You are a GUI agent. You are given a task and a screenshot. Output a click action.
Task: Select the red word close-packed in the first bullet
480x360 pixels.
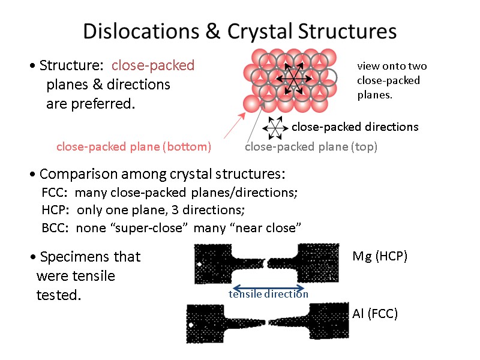[x=153, y=65]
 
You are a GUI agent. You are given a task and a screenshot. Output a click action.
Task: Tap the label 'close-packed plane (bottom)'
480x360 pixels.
[x=133, y=146]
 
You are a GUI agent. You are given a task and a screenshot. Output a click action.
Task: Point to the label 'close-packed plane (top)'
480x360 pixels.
[x=311, y=146]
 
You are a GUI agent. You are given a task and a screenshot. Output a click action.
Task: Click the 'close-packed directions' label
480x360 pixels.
[x=355, y=127]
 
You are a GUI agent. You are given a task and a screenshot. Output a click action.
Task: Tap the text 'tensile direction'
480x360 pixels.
[x=268, y=294]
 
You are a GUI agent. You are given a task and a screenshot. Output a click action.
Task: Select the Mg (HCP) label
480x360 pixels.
[x=380, y=256]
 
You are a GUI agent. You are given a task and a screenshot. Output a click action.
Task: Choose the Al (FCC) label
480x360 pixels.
[x=375, y=313]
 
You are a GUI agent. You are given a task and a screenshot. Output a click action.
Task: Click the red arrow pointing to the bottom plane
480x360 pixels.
[x=233, y=127]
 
